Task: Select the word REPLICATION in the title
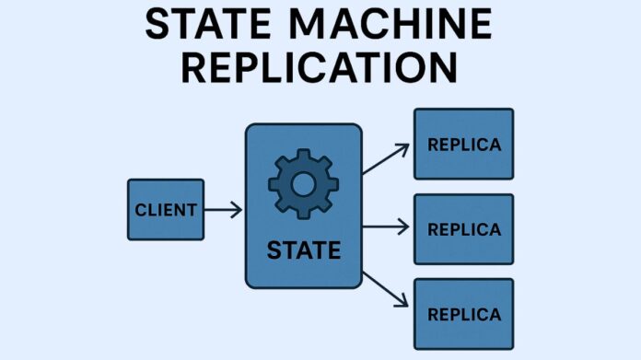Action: [x=320, y=69]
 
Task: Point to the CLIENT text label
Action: [x=165, y=210]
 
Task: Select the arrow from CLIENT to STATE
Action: [x=223, y=210]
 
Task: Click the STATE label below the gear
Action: [x=303, y=250]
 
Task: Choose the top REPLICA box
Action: [x=463, y=144]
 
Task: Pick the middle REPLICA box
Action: [x=463, y=228]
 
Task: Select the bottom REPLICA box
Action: [x=463, y=313]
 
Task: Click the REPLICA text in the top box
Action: [x=464, y=145]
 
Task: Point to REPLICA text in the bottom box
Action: [x=464, y=314]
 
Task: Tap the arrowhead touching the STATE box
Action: [x=238, y=210]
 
